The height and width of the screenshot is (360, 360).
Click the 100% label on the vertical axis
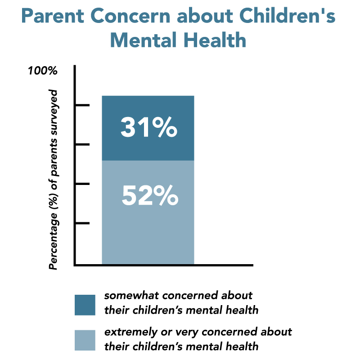tap(42, 71)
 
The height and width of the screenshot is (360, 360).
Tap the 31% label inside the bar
tap(148, 128)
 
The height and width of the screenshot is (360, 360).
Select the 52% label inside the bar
tap(150, 196)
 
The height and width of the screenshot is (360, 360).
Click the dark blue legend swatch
tap(85, 305)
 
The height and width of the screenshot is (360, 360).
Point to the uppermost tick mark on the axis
tap(82, 105)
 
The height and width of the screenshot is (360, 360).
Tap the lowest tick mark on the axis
tap(82, 223)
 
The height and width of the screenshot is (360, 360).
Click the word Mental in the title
tap(144, 40)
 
